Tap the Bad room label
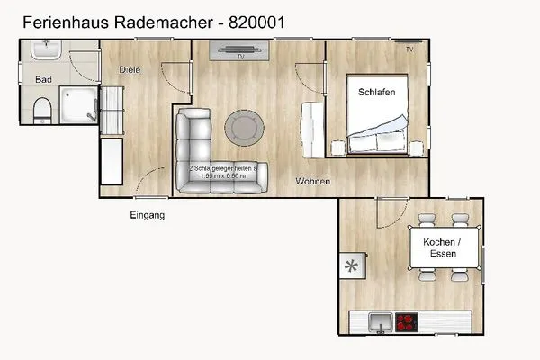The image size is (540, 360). coord(43,80)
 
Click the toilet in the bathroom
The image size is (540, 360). coord(40,111)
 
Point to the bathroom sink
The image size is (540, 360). coord(42,53)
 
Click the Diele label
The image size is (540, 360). coord(130,70)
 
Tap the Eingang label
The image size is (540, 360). coord(147,216)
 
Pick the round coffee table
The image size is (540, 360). coord(245,127)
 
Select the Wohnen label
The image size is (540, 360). coord(312,182)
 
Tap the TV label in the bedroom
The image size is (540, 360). coord(409,49)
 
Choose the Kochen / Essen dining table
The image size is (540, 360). coord(442,248)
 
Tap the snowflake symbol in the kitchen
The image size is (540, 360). coord(351,267)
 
